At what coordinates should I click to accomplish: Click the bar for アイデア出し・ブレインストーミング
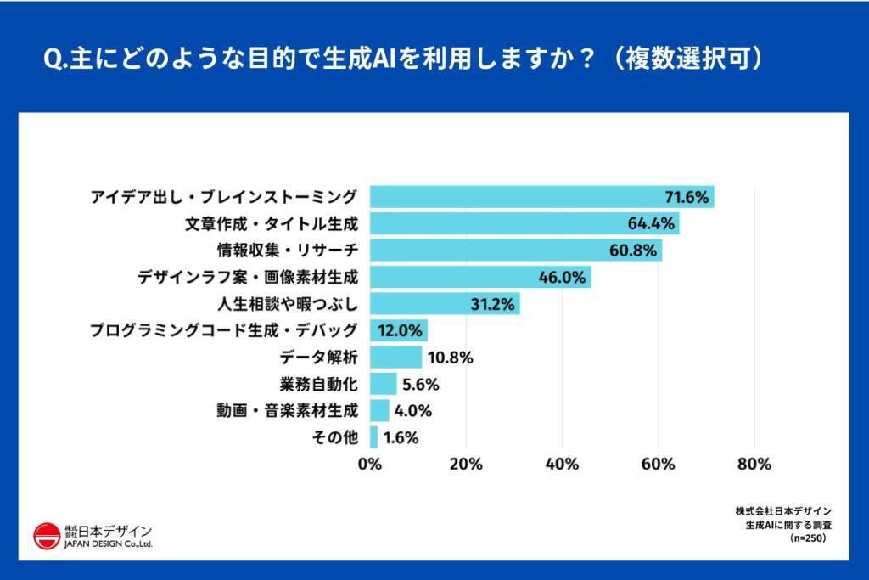(x=541, y=197)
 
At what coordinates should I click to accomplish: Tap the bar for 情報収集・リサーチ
(x=515, y=251)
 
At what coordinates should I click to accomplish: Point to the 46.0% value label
(x=563, y=277)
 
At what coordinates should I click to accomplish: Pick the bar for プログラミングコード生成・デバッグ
(x=398, y=330)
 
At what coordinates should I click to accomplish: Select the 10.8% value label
(x=451, y=358)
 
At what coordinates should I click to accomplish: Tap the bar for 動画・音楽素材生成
(x=379, y=411)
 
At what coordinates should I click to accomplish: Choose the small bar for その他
(x=373, y=437)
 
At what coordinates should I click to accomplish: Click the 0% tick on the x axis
(x=369, y=465)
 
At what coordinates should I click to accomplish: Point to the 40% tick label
(x=562, y=465)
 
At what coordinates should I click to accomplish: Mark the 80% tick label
(x=754, y=465)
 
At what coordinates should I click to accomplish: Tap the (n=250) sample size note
(x=807, y=538)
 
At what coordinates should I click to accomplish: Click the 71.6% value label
(x=686, y=198)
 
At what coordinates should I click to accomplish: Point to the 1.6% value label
(x=401, y=438)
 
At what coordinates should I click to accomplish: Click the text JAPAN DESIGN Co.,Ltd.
(x=109, y=545)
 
